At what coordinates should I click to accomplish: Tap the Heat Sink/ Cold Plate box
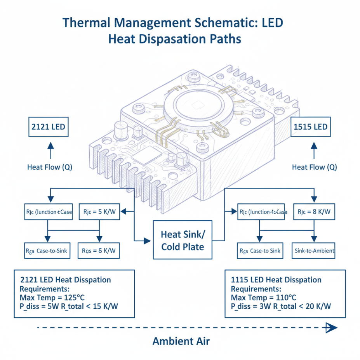[183, 240]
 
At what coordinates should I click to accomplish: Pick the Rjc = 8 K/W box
[314, 212]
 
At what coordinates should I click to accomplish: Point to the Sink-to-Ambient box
[314, 251]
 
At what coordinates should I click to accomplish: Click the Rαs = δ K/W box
[99, 251]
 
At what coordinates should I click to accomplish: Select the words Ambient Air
[181, 341]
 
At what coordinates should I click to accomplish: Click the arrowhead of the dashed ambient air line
[331, 328]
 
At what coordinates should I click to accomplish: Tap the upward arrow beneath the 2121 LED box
[50, 149]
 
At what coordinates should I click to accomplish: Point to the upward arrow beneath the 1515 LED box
[314, 149]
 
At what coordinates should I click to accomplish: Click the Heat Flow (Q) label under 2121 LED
[50, 167]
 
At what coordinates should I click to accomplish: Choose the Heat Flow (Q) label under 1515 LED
[314, 167]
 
